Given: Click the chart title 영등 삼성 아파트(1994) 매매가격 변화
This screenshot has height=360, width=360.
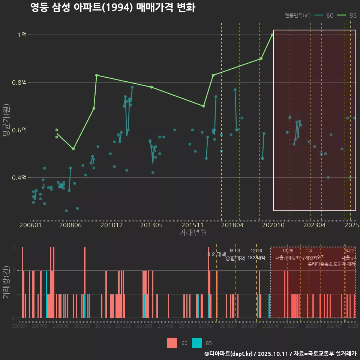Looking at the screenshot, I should coord(112,7).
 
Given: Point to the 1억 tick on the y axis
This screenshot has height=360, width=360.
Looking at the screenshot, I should coord(22,35).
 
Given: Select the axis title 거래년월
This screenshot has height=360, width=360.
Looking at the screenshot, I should coord(193,233).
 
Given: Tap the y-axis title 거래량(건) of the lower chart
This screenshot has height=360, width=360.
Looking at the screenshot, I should coord(7,282).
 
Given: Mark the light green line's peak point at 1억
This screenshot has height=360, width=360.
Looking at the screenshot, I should coord(272,35).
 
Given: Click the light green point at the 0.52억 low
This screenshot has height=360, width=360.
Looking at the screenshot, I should coord(73,149).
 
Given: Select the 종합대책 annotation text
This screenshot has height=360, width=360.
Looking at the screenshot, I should coord(235,258).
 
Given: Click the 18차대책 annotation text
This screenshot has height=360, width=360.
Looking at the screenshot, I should coord(256,258).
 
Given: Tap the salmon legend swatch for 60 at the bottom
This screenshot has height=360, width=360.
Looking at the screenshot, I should coord(172,343).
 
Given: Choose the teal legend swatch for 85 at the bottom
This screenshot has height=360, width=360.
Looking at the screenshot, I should coord(197,343).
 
